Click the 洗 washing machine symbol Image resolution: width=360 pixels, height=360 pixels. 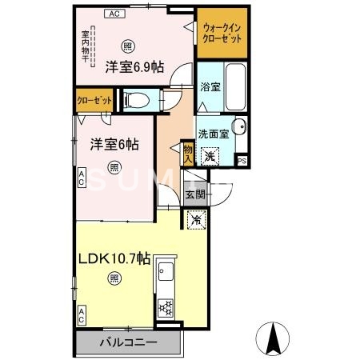(x=210, y=156)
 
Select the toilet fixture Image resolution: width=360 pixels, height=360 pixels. (x=137, y=100)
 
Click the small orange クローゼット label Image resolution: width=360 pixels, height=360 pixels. (x=93, y=100)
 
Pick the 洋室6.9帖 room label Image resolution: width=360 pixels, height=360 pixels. (x=134, y=67)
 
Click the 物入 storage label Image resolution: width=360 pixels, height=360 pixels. (x=187, y=152)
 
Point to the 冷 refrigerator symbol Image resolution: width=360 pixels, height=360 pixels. (x=195, y=218)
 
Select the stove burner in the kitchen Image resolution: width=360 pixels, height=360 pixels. (x=167, y=306)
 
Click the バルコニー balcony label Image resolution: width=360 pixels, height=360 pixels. (x=128, y=342)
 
